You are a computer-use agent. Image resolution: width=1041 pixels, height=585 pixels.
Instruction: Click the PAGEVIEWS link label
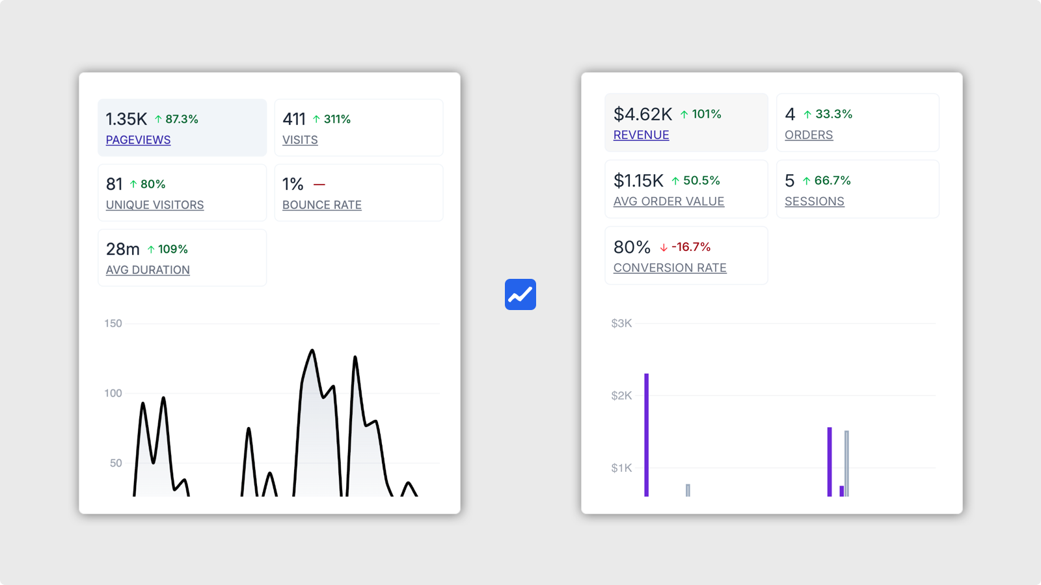tap(138, 140)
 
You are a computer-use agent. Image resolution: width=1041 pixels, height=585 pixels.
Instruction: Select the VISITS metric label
tap(300, 140)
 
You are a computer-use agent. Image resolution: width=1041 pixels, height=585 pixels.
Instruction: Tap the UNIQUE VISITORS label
tap(155, 205)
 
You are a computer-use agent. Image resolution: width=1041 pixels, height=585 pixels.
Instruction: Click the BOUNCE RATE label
tap(322, 205)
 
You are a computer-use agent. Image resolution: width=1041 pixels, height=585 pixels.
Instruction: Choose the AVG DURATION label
tap(148, 270)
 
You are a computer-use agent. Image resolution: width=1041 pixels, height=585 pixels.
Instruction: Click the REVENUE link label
tap(641, 135)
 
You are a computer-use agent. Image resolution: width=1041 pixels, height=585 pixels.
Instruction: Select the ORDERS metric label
tap(809, 135)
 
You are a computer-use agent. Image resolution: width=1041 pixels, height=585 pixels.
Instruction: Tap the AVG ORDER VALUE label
tap(669, 201)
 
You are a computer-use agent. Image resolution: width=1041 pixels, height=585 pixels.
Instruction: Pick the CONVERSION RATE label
tap(670, 268)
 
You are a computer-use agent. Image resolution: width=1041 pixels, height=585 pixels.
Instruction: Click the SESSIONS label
tap(815, 201)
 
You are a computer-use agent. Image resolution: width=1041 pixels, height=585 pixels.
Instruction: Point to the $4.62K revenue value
tap(643, 114)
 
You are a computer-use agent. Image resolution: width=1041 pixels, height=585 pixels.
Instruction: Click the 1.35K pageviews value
tap(126, 119)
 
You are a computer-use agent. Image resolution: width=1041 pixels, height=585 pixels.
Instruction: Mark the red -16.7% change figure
tap(691, 247)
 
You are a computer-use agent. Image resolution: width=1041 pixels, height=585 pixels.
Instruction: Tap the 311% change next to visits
tap(337, 119)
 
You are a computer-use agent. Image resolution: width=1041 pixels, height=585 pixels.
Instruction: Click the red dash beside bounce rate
tap(319, 185)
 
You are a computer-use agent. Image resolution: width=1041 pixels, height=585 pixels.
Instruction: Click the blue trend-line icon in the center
tap(520, 294)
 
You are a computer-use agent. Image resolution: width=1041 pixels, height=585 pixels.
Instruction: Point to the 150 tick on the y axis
tap(113, 323)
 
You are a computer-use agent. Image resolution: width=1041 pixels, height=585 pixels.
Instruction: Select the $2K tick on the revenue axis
tap(621, 395)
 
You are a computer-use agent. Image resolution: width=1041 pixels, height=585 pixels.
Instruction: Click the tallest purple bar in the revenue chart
tap(647, 435)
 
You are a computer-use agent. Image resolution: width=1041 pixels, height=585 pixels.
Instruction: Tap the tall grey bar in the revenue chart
tap(846, 463)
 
